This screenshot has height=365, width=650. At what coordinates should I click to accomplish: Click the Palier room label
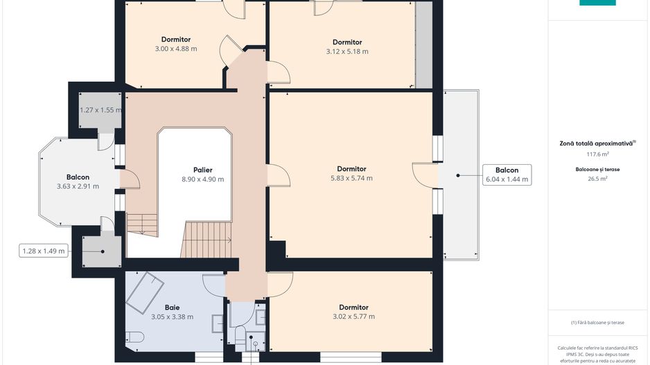tap(203, 170)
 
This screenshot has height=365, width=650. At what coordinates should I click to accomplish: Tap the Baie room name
tap(172, 308)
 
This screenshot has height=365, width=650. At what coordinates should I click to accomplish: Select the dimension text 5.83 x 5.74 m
tap(351, 178)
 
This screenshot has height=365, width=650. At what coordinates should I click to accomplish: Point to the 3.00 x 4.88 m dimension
tap(176, 48)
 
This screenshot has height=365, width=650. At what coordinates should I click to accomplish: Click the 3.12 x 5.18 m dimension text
tap(347, 51)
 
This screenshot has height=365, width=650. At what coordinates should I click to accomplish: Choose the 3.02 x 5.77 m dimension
tap(353, 317)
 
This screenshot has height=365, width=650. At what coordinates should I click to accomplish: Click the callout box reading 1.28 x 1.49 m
tap(44, 251)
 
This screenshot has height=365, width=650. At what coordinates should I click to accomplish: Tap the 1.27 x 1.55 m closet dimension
tap(100, 110)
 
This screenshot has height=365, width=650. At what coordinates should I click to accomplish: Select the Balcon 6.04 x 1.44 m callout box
tap(507, 175)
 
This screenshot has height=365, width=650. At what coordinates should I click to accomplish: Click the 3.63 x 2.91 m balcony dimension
tap(78, 186)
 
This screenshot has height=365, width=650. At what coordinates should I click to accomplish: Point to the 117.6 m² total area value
tap(597, 154)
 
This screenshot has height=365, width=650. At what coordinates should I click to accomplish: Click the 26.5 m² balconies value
tap(597, 179)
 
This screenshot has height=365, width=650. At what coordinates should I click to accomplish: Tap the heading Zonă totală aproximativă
tap(597, 144)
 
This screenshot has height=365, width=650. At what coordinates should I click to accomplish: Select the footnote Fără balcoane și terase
tap(597, 322)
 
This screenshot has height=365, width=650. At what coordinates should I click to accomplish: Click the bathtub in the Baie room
tap(145, 292)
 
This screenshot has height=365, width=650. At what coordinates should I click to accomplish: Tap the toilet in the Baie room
tap(134, 337)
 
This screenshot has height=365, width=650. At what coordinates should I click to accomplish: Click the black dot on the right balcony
tap(458, 175)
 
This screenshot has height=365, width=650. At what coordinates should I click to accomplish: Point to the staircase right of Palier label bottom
tap(206, 240)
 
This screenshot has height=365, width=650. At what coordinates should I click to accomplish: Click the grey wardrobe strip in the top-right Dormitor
tap(423, 45)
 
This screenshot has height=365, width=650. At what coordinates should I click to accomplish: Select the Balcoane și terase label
tap(597, 170)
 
